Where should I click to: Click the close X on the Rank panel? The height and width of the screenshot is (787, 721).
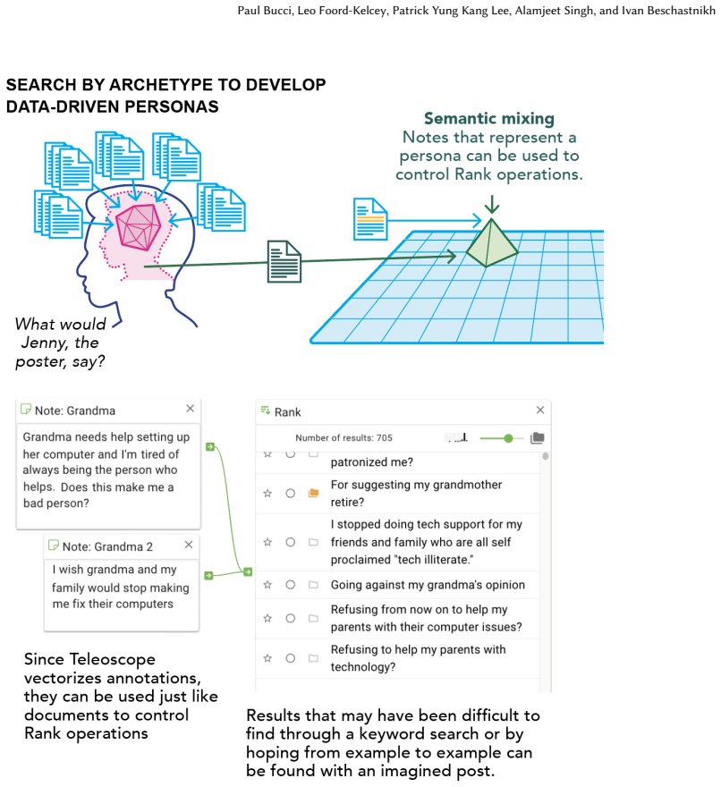[540, 410]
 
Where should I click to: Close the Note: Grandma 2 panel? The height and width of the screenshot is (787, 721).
[189, 545]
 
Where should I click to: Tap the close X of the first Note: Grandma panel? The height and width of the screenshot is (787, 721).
[191, 409]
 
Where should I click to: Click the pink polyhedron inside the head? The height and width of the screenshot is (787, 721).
[138, 227]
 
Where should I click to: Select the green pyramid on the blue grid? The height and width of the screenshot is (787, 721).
[491, 243]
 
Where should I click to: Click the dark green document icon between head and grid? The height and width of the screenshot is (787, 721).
[284, 261]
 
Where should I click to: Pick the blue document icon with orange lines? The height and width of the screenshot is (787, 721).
[370, 219]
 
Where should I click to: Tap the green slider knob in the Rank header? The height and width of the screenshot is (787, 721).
[509, 438]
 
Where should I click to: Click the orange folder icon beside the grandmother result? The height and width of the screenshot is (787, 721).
[313, 493]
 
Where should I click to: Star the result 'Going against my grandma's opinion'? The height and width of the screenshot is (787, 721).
[267, 585]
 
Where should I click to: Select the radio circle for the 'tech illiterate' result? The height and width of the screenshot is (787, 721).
[290, 542]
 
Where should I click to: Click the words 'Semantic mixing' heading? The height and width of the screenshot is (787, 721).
[489, 118]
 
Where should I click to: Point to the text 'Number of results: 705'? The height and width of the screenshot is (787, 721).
[344, 437]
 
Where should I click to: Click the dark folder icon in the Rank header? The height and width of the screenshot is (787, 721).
[538, 437]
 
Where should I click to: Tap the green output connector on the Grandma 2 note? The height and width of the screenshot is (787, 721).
[208, 576]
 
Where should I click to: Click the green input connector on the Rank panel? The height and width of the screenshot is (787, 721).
[248, 571]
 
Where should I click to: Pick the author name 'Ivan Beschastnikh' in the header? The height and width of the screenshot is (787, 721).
[668, 11]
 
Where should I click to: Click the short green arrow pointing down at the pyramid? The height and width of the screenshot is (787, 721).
[492, 204]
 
